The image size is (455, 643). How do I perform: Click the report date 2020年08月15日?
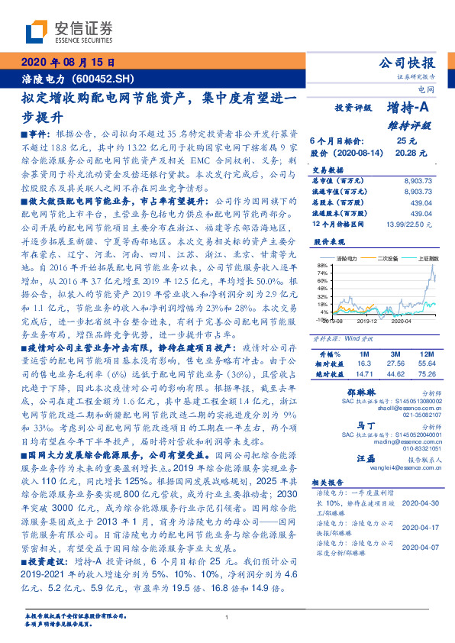coord(68,63)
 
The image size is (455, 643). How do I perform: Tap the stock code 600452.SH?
coord(105,78)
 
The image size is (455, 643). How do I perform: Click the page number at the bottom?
coord(227,618)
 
